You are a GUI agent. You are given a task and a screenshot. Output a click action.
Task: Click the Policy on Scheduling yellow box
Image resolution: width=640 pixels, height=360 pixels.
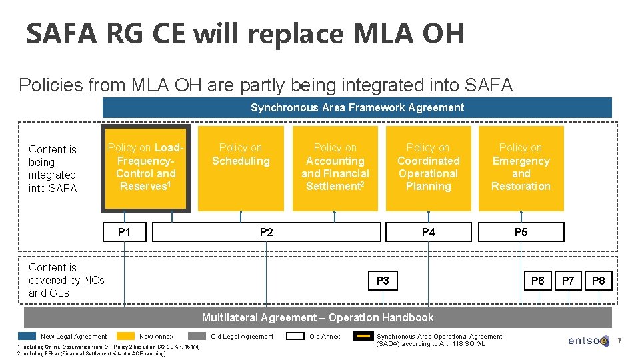(x=241, y=168)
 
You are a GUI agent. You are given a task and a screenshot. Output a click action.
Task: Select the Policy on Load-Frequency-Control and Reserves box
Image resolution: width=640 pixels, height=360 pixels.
(x=145, y=168)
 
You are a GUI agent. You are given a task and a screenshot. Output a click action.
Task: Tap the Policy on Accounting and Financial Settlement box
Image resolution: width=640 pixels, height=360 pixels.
(x=335, y=168)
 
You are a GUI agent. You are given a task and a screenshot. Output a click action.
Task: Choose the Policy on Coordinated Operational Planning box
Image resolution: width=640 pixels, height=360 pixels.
(x=428, y=168)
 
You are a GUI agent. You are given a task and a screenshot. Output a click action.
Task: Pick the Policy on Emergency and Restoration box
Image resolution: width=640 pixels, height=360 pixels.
(x=521, y=168)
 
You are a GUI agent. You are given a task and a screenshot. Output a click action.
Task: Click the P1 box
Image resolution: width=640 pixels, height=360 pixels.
(x=124, y=232)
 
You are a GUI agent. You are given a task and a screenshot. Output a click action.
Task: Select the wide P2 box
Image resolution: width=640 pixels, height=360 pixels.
(x=266, y=232)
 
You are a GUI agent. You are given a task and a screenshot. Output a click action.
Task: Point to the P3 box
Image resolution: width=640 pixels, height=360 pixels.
(x=383, y=281)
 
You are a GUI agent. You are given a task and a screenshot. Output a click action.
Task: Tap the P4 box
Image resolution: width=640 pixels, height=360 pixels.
(x=428, y=232)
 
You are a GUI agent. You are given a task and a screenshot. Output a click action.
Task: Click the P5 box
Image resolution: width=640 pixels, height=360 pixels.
(x=521, y=232)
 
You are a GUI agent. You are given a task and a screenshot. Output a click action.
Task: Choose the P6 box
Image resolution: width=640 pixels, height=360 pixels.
(x=537, y=281)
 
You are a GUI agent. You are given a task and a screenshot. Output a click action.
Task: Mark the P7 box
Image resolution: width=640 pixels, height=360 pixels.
(x=568, y=281)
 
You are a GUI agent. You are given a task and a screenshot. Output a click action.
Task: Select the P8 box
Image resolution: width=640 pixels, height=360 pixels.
(x=599, y=281)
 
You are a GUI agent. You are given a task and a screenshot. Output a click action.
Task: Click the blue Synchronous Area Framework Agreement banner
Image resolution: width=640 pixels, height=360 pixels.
(x=357, y=107)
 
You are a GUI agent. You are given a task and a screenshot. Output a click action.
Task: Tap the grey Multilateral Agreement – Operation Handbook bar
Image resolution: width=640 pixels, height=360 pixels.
(x=317, y=317)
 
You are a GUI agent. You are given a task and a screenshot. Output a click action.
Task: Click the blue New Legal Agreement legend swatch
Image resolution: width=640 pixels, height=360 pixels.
(x=27, y=337)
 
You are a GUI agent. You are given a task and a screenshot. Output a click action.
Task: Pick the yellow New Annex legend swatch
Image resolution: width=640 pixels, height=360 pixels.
(x=125, y=337)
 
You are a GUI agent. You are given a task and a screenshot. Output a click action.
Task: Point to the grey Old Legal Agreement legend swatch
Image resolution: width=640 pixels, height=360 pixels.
(x=197, y=337)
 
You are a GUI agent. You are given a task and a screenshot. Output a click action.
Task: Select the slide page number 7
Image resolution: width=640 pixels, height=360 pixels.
(x=619, y=341)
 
